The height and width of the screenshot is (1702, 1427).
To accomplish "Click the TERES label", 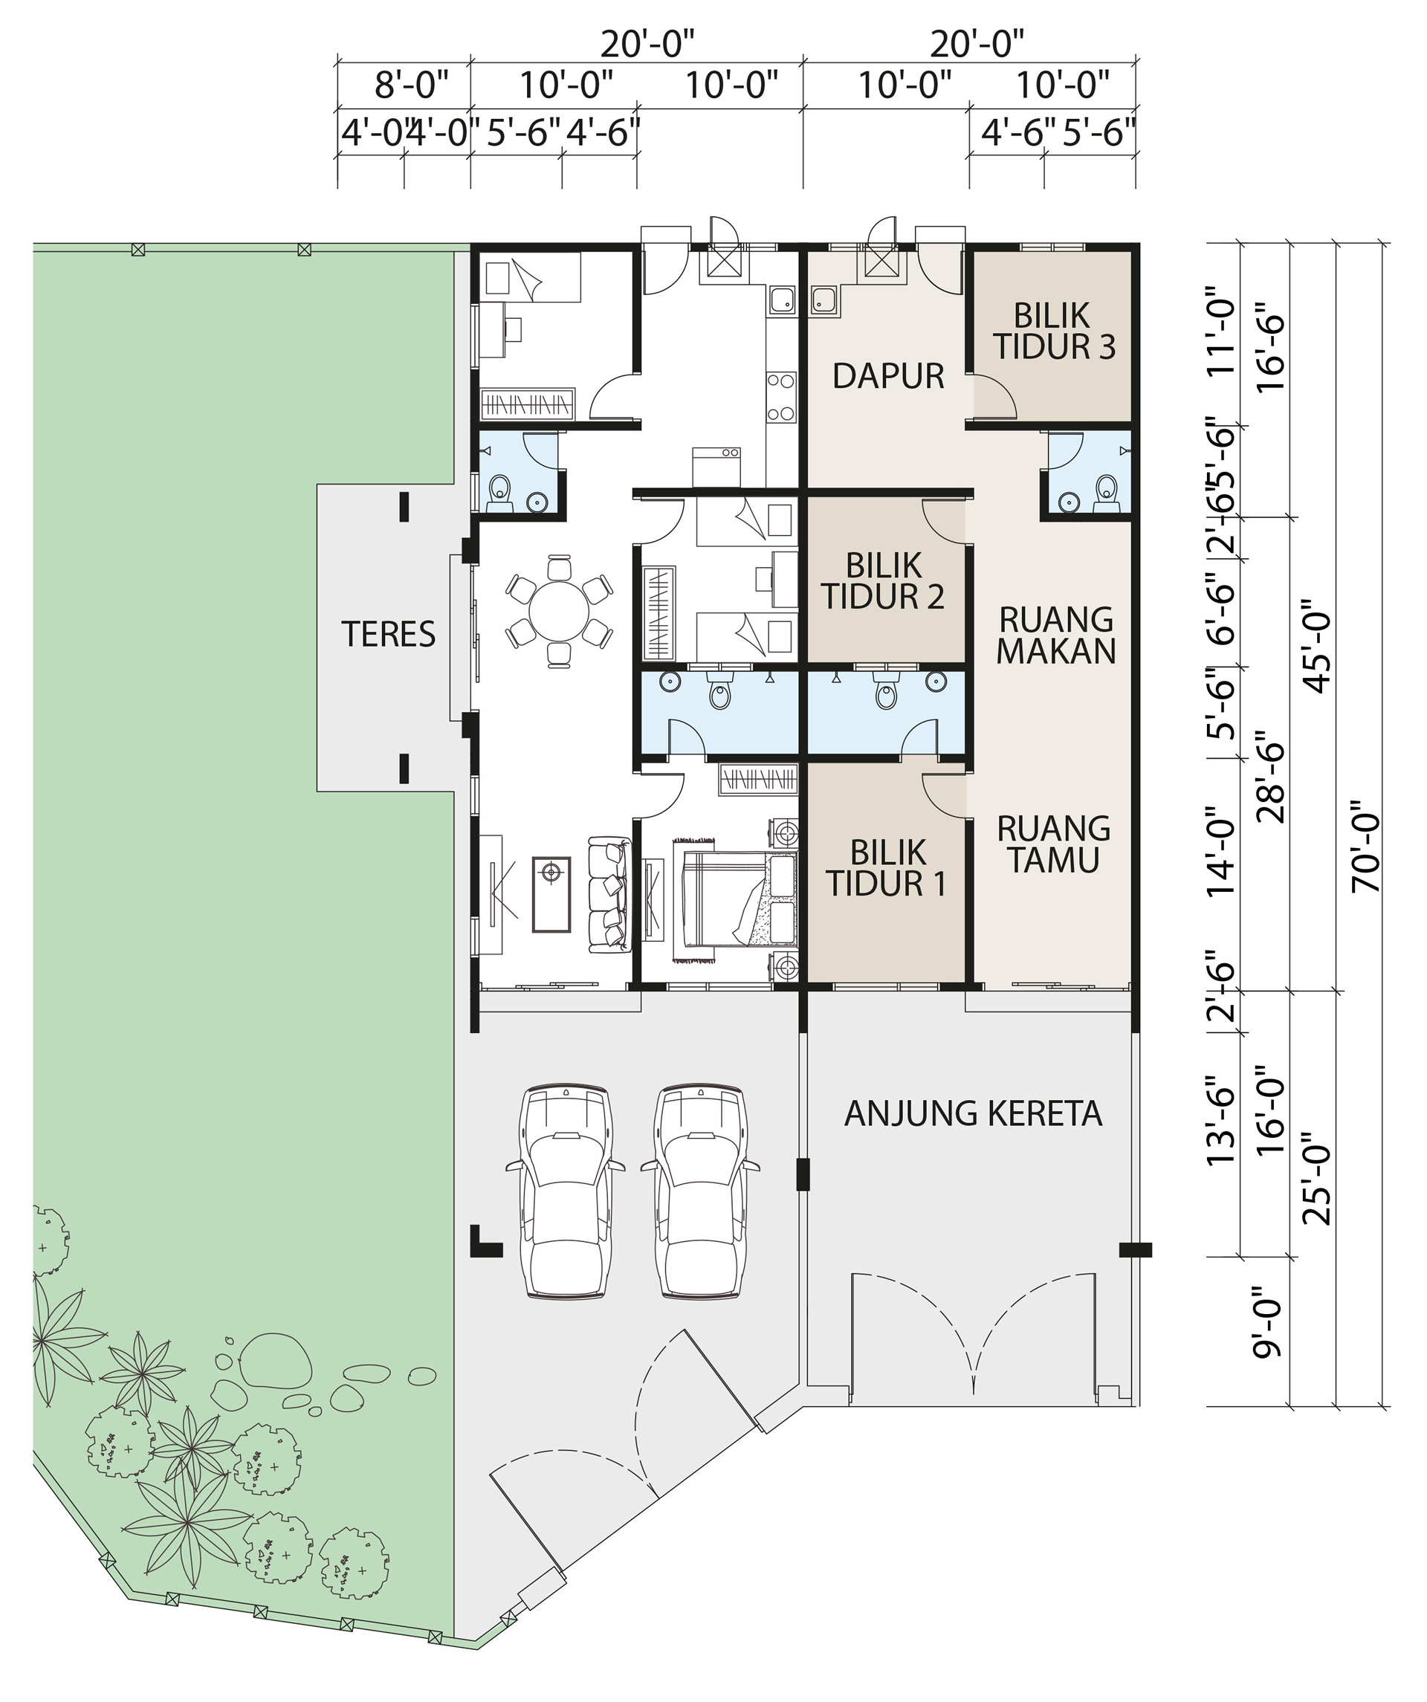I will [x=388, y=635].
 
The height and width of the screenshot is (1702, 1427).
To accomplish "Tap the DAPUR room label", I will [x=888, y=376].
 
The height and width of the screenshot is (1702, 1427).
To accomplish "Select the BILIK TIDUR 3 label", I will [x=1053, y=331].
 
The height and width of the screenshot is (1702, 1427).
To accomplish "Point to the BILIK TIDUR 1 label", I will [x=887, y=868].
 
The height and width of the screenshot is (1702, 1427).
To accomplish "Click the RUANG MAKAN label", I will [x=1056, y=635].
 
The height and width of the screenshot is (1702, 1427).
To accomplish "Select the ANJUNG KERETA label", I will [x=972, y=1113].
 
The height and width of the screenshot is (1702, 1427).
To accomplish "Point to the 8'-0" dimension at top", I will [x=411, y=84].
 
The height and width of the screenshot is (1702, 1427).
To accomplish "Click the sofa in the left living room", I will [x=609, y=896].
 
